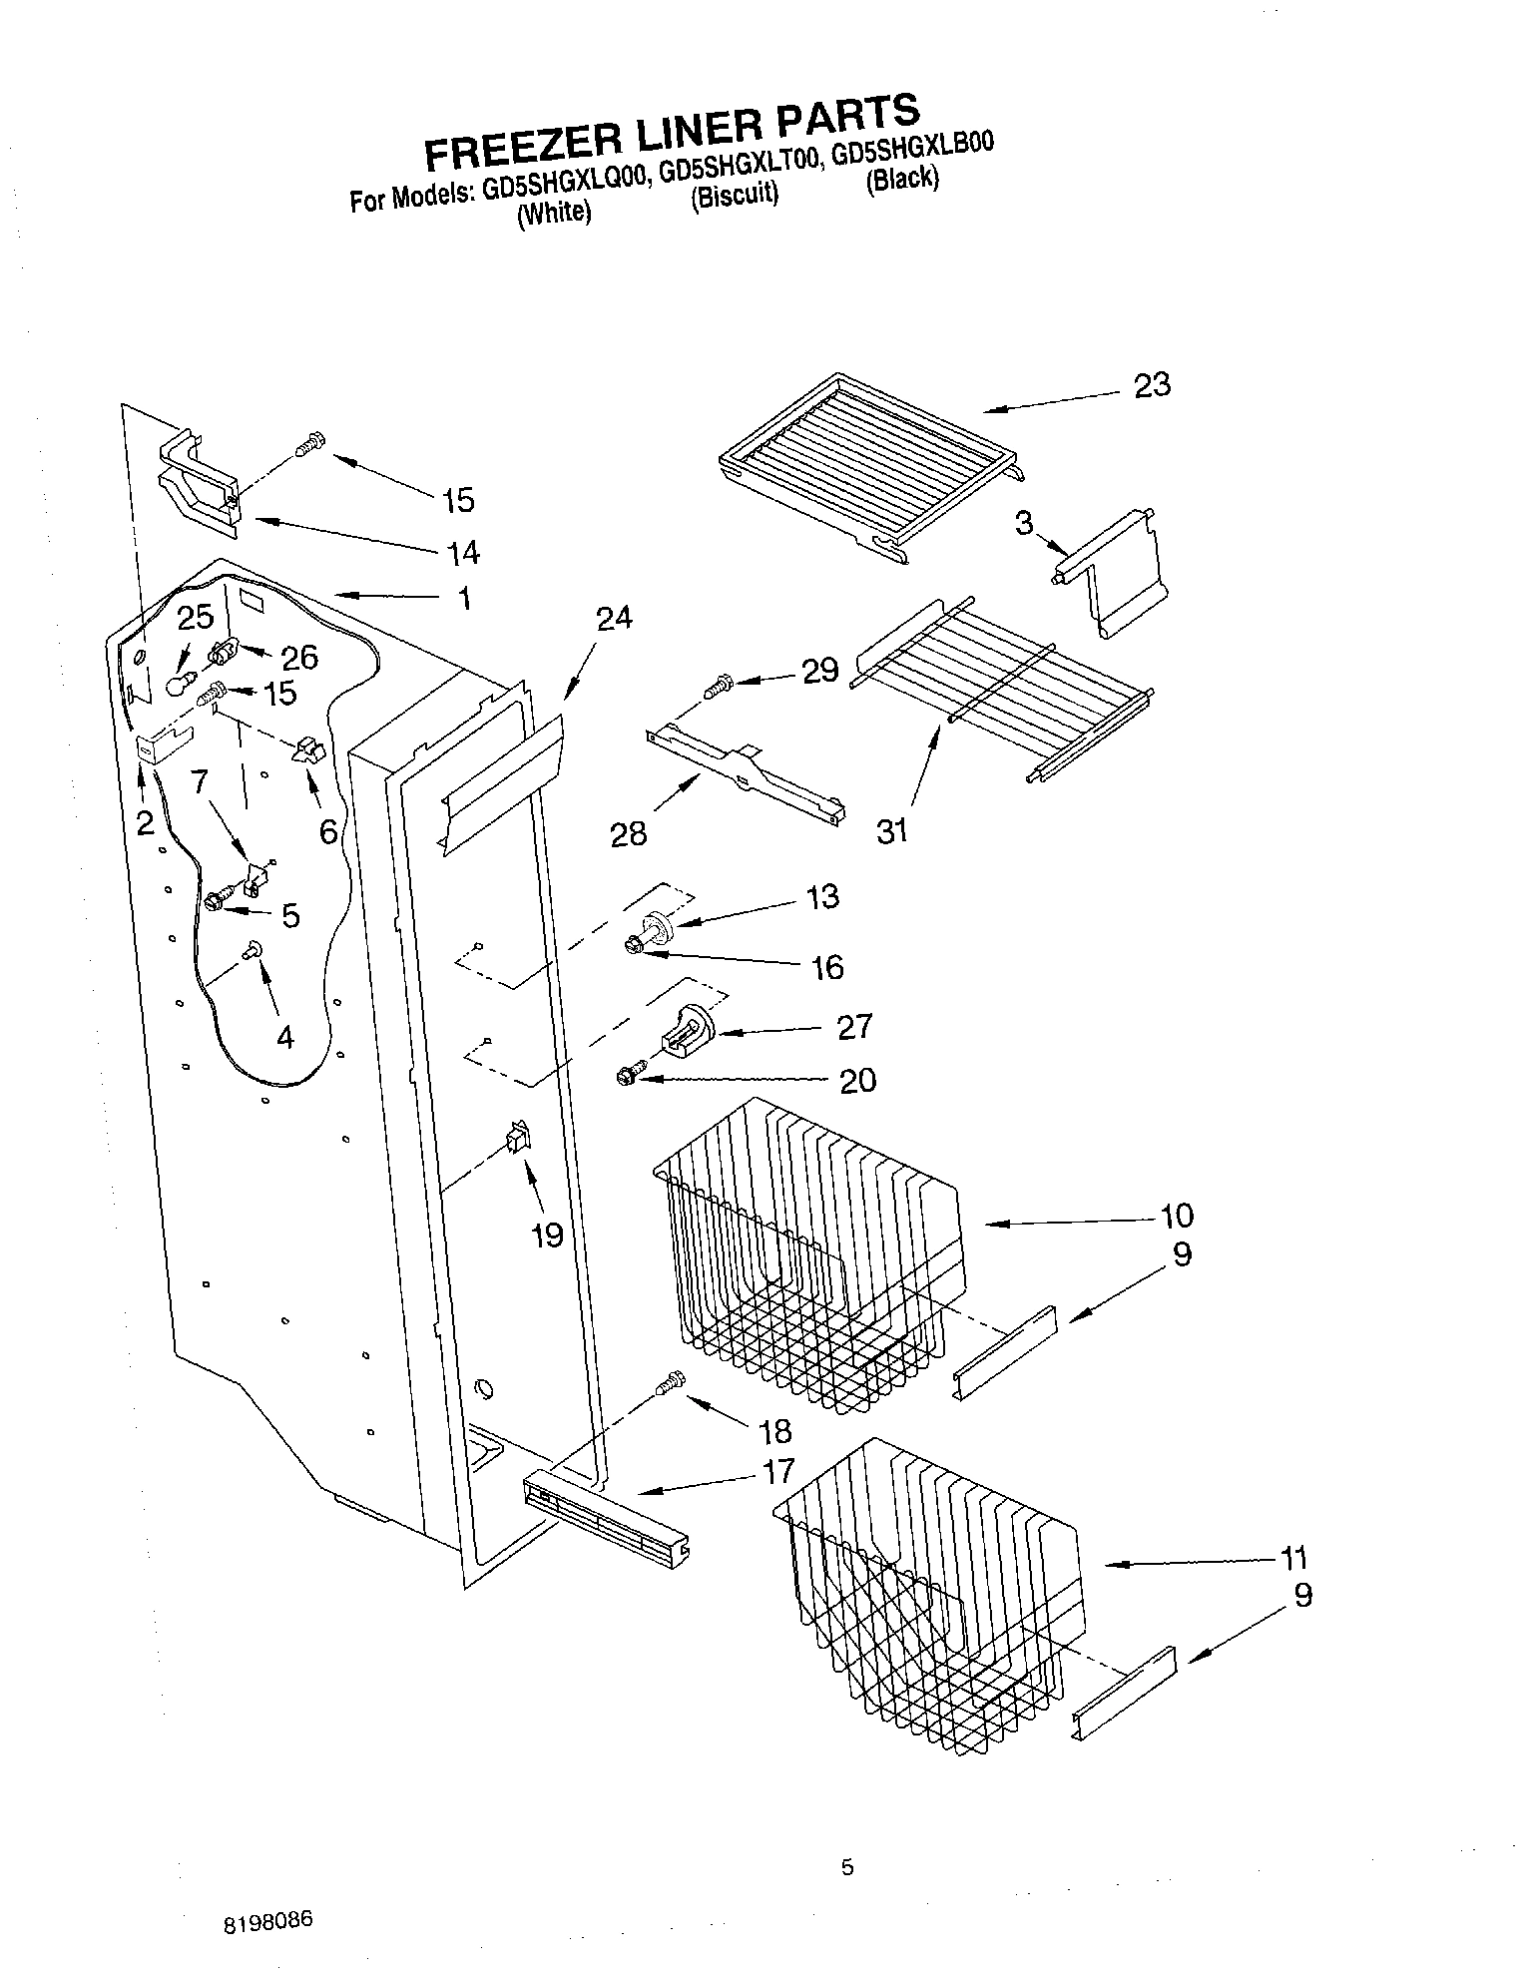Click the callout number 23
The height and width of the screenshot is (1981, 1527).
[1152, 386]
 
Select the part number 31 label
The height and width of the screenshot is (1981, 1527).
[891, 829]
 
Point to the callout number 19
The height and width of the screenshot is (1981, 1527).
[547, 1236]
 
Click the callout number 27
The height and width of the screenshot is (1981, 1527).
[854, 1027]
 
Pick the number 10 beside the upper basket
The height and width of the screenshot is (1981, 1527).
[1177, 1216]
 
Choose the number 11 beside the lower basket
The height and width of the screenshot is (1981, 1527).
[1293, 1558]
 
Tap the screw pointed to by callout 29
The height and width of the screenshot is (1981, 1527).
[718, 687]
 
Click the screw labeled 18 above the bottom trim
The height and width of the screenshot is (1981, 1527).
[672, 1382]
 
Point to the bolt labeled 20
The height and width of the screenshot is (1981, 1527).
[629, 1075]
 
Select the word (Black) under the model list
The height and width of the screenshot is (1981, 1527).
[902, 181]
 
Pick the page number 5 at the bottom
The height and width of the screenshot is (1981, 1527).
[847, 1868]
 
